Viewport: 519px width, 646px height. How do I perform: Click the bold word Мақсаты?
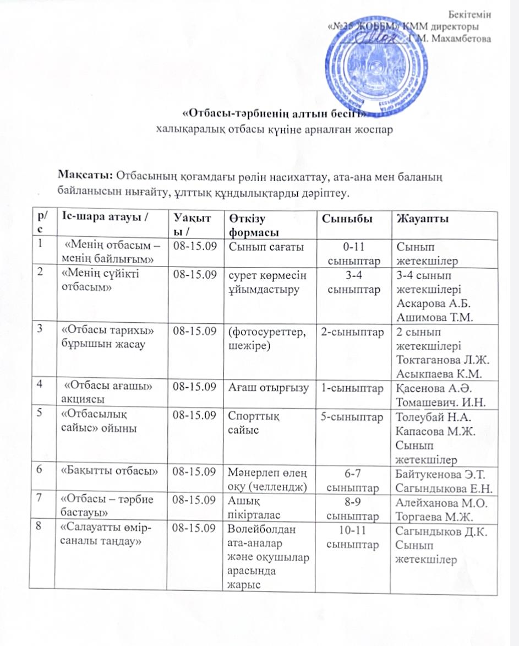85,176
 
